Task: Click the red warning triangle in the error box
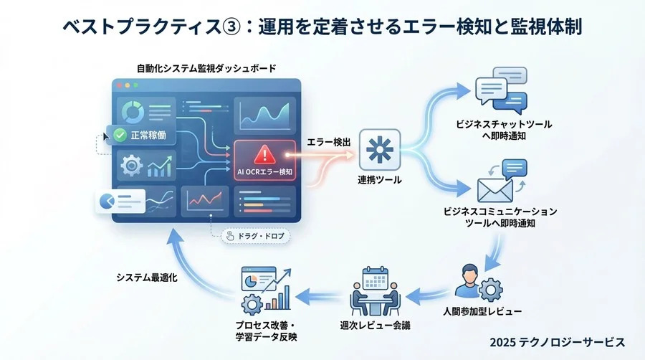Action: pos(264,153)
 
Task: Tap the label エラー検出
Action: pos(329,143)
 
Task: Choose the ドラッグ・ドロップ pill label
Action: pos(250,235)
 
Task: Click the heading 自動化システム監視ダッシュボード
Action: pos(206,69)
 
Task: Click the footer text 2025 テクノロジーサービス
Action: pos(557,342)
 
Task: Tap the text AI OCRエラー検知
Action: pos(264,172)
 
